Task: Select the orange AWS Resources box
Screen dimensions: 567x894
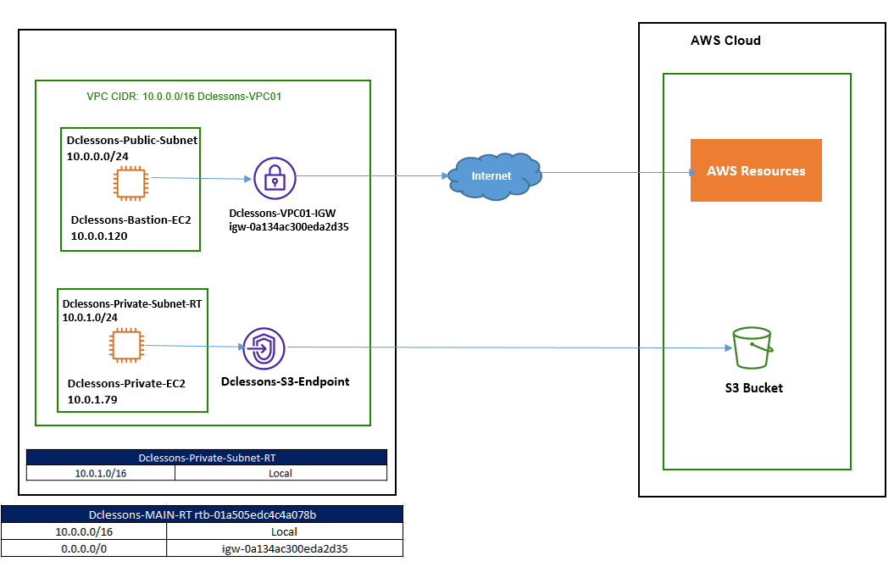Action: [756, 170]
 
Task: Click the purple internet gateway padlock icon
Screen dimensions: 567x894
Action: [275, 177]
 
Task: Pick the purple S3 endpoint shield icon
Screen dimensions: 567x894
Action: [264, 347]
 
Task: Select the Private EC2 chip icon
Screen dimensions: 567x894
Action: [127, 347]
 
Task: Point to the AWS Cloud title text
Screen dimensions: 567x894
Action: [725, 41]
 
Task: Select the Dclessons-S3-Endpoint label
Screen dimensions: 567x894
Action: [285, 381]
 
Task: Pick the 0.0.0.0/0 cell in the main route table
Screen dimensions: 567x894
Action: [84, 548]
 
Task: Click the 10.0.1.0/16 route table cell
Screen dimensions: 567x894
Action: [101, 473]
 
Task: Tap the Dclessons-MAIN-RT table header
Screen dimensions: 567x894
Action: [203, 514]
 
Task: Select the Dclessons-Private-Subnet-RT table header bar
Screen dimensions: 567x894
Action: [207, 458]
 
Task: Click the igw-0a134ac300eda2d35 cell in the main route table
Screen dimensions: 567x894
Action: [284, 548]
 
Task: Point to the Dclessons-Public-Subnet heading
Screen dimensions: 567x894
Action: [132, 141]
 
